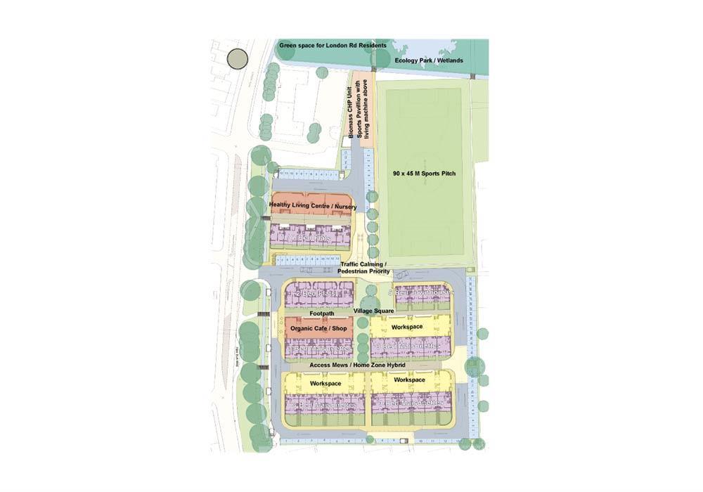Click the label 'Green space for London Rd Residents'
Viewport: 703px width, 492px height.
[333, 46]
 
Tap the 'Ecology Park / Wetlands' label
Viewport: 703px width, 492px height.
[429, 61]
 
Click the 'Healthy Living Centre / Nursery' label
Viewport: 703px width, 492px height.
[313, 207]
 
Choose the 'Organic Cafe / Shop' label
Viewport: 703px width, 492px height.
[318, 328]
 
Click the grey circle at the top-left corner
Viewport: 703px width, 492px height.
[238, 59]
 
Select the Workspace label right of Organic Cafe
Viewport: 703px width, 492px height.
[406, 327]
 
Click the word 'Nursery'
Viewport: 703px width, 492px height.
[345, 207]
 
